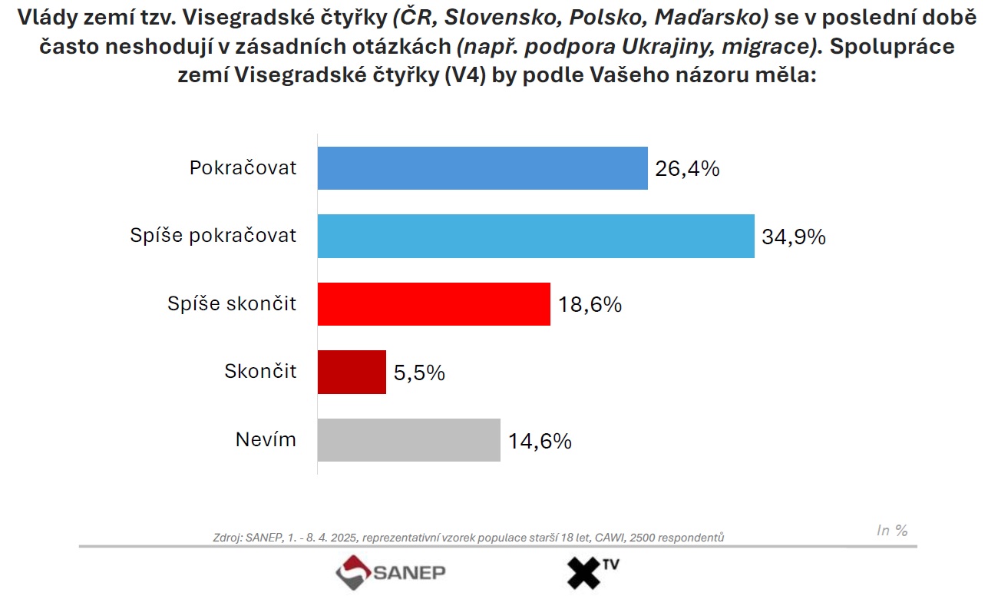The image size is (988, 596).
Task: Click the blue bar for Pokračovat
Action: coord(483,168)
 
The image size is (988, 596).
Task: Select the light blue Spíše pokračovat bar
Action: coord(536,236)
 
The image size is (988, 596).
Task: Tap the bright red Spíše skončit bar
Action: coord(434,304)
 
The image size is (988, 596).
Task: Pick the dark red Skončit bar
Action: coord(352,372)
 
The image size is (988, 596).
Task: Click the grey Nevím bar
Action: coord(409,440)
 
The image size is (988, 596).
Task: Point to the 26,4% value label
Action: coord(687,169)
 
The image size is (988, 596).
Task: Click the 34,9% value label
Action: coord(794,237)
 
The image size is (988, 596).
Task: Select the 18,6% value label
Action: coord(590,305)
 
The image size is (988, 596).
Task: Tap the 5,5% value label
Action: coord(419,372)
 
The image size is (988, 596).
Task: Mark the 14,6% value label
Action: coord(540,441)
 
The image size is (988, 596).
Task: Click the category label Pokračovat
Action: coord(243,167)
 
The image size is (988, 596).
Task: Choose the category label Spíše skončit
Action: coord(232,303)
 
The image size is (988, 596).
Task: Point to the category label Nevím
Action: coord(266,439)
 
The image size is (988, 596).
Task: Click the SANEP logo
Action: coord(390,572)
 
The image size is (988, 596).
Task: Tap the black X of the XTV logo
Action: coord(584,573)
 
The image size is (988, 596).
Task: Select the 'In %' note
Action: coord(892,530)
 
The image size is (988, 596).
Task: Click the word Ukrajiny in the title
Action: coord(668,47)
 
